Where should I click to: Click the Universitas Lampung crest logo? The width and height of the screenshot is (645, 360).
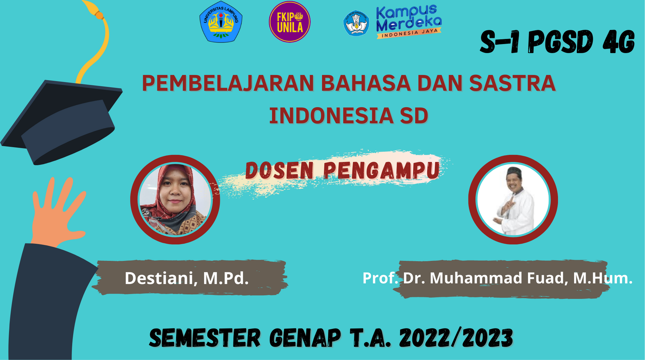coord(221,22)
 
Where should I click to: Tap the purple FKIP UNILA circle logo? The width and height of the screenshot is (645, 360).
coord(290,22)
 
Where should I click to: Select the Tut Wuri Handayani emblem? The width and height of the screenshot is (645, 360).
coord(356,23)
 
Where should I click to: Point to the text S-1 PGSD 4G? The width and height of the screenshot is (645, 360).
coord(557,42)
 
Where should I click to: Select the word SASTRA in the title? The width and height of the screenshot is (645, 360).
coord(512,83)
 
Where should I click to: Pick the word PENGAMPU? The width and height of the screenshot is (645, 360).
coord(382,170)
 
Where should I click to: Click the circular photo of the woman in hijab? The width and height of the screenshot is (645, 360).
coord(175,199)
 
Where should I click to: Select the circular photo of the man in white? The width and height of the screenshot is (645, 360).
coord(513,199)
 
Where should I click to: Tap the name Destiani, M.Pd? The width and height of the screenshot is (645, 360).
coord(187,278)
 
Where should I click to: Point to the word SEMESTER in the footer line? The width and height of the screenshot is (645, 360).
coord(205,338)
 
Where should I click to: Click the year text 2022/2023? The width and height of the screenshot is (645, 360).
coord(456,338)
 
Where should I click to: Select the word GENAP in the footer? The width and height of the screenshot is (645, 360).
coord(305,338)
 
